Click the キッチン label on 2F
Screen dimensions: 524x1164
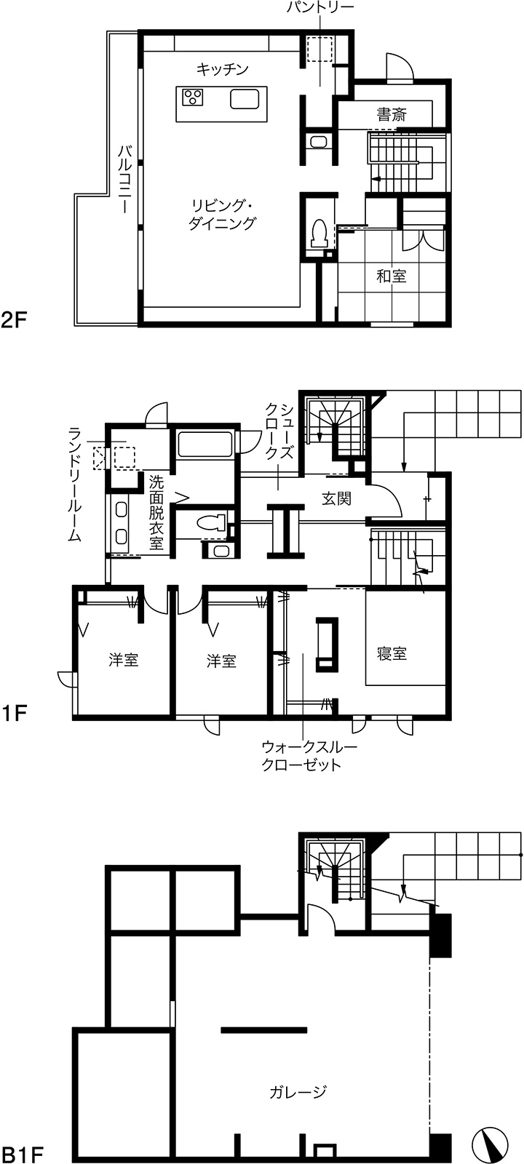(223, 69)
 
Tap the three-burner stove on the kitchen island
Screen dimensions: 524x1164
(193, 97)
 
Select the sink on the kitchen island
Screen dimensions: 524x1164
(245, 99)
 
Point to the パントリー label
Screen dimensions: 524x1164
(320, 7)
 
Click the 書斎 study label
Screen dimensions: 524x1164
(392, 113)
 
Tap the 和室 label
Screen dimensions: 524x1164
(392, 276)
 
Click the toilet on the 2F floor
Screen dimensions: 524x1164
(317, 233)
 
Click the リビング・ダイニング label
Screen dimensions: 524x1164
(223, 214)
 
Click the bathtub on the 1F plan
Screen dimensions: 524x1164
(205, 445)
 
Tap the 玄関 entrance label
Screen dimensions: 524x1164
(336, 499)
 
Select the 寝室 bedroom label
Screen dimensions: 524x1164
(392, 653)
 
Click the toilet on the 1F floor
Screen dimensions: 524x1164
(212, 522)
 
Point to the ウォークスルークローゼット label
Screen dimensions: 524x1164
(309, 756)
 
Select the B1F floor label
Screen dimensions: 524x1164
(21, 1155)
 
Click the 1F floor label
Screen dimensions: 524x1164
(14, 714)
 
